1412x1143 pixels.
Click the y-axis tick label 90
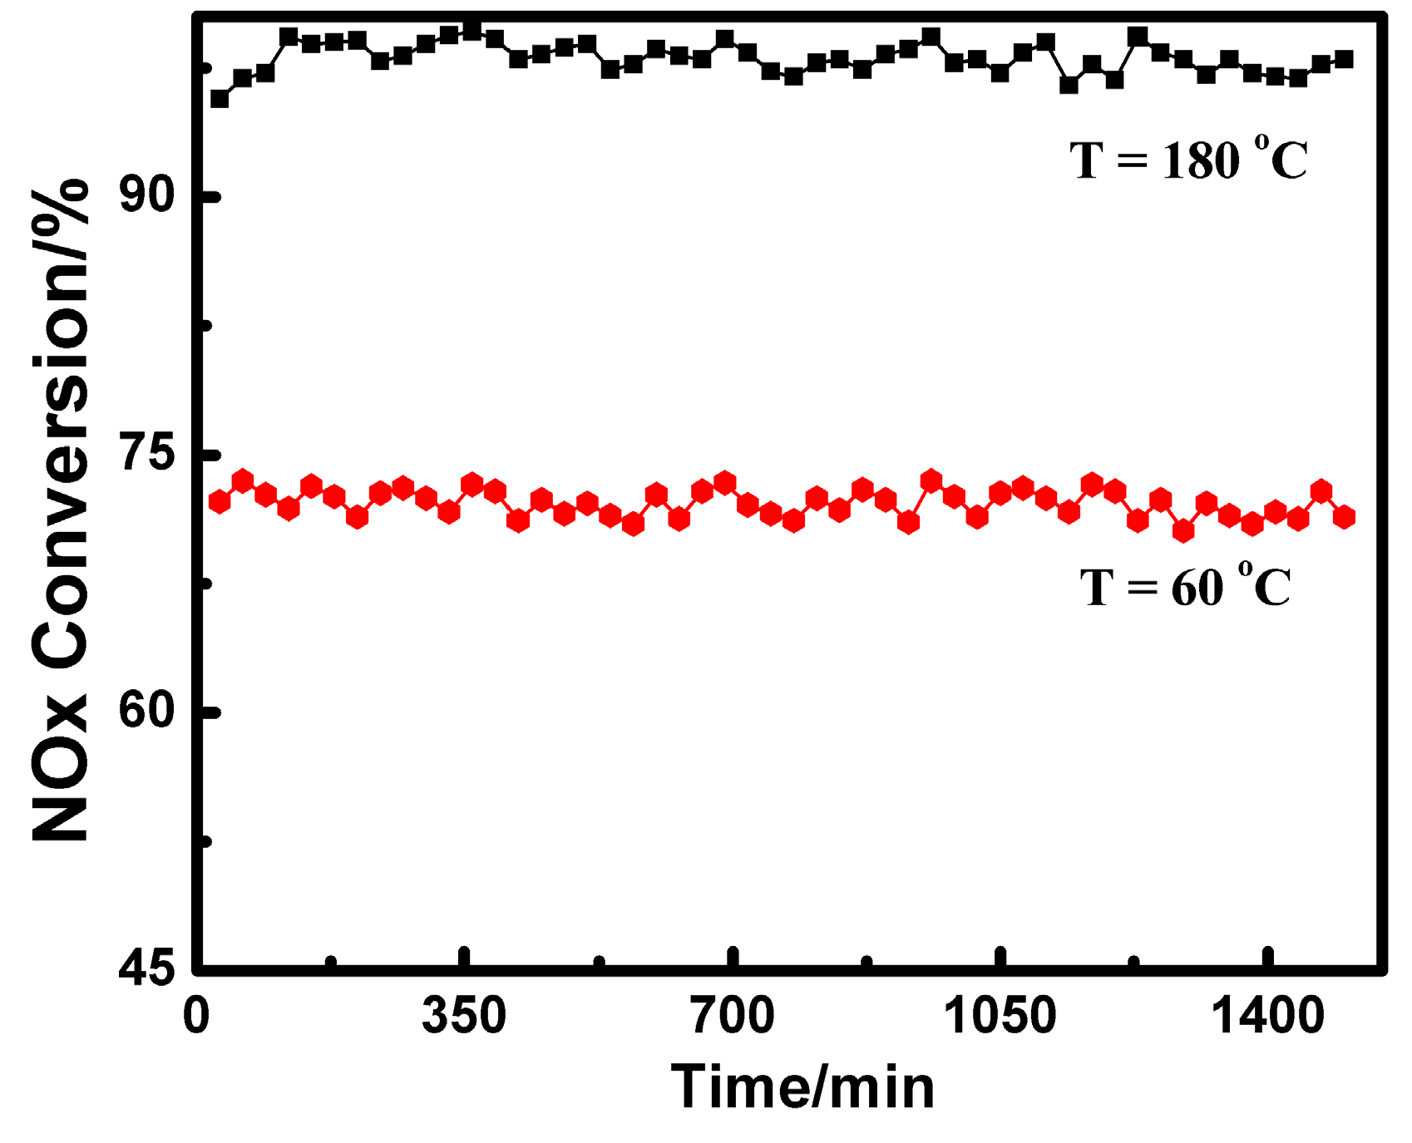(146, 197)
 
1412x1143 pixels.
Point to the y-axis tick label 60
(146, 711)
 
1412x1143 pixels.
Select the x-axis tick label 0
(196, 1016)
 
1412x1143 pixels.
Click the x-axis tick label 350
(463, 1016)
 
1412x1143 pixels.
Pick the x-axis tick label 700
(732, 1016)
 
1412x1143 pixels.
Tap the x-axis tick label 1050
(1000, 1016)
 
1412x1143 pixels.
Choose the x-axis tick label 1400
(1267, 1016)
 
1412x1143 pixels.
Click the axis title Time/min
(802, 1088)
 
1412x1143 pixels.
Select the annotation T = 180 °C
(1189, 160)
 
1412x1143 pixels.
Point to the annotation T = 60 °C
(1186, 587)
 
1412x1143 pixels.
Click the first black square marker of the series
(220, 99)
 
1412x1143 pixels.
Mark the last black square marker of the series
(1344, 60)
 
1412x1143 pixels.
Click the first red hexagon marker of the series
(220, 501)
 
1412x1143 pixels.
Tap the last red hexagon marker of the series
(1344, 517)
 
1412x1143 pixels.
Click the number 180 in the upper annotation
(1201, 161)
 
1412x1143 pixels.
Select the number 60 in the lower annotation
(1197, 589)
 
